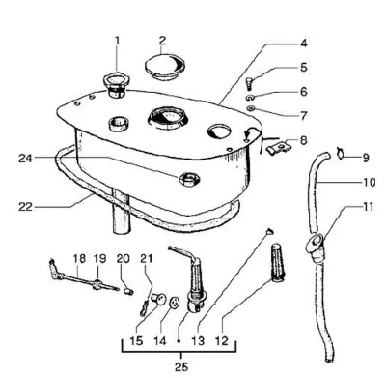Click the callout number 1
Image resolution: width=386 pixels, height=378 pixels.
pos(117,41)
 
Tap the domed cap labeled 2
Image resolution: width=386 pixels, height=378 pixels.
pos(166,68)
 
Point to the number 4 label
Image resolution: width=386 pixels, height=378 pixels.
pos(303,43)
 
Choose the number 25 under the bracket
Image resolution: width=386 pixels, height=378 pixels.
pos(180,366)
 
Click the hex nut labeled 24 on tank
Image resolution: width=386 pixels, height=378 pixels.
pos(190,180)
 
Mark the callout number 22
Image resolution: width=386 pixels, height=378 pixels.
pos(25,207)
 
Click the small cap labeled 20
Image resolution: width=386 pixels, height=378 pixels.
pos(128,291)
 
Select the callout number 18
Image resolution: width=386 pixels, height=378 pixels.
pos(79,258)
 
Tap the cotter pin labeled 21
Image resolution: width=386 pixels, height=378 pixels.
pos(144,307)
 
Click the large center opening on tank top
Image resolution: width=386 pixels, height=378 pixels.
pos(167,117)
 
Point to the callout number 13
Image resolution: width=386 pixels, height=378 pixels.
pos(198,340)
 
